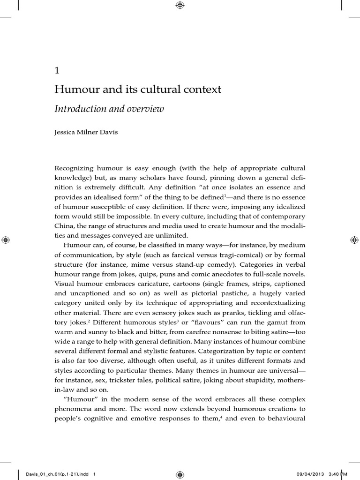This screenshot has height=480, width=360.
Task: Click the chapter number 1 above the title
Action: tap(57, 71)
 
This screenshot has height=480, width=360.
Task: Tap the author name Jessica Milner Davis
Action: tap(86, 132)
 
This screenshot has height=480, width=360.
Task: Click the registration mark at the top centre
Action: tap(180, 6)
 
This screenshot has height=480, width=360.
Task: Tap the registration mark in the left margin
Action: tap(6, 240)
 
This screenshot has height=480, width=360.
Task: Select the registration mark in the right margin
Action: tap(354, 240)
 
